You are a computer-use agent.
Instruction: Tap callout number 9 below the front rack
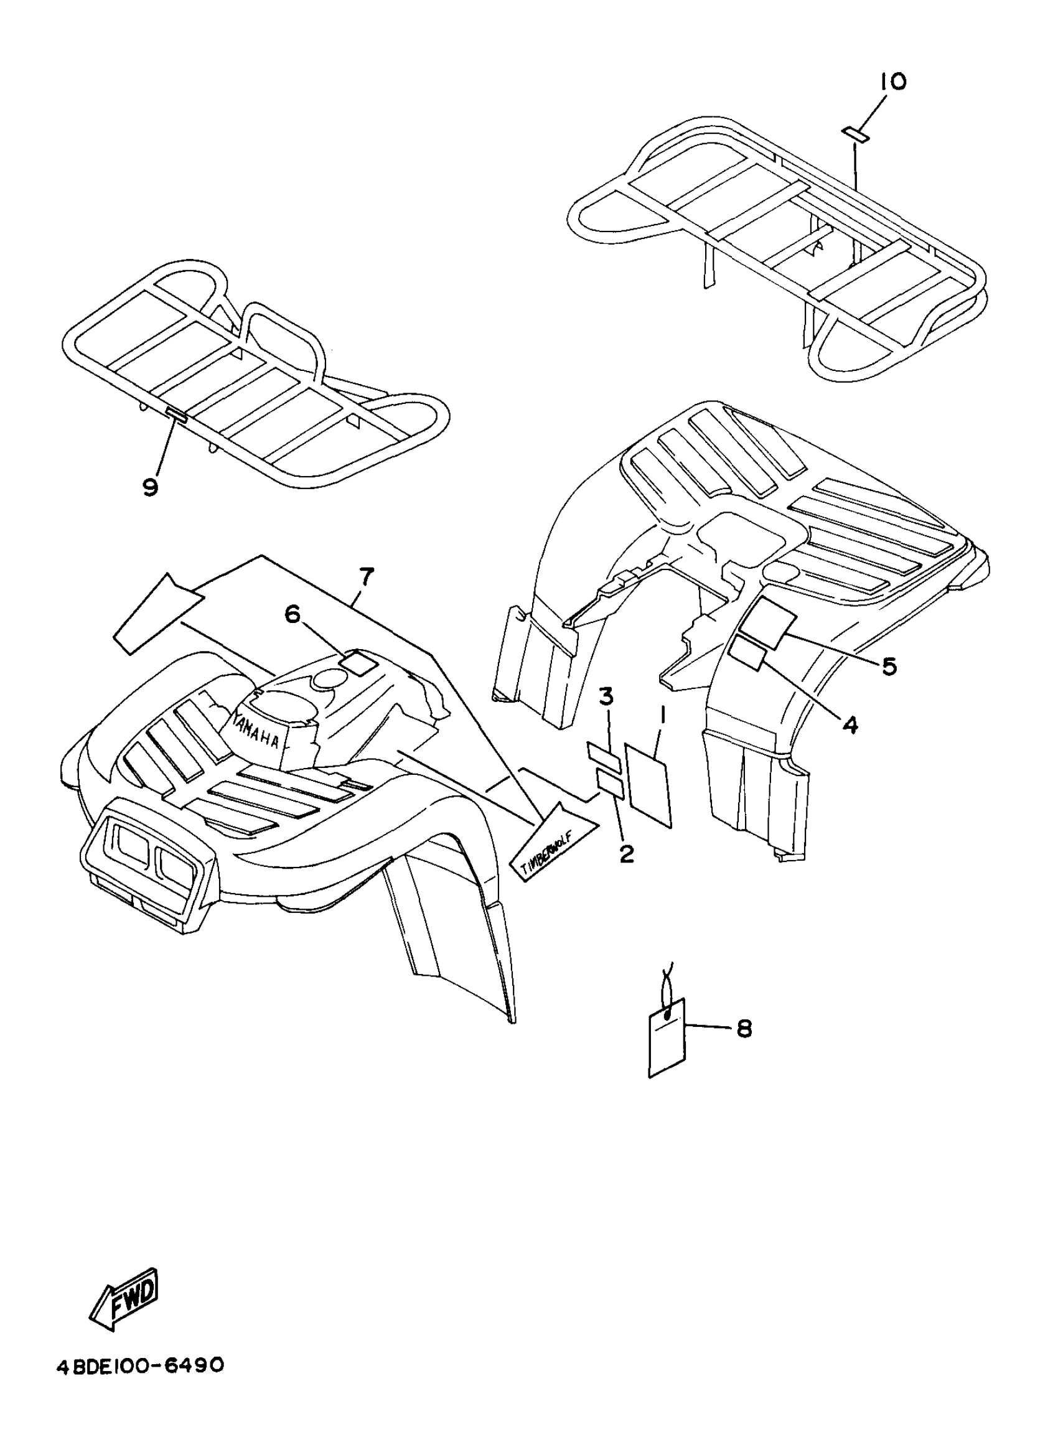tap(149, 487)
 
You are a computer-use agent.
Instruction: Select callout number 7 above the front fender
tap(365, 576)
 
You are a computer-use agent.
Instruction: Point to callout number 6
tap(292, 615)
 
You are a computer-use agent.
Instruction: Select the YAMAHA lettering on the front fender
tap(256, 730)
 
